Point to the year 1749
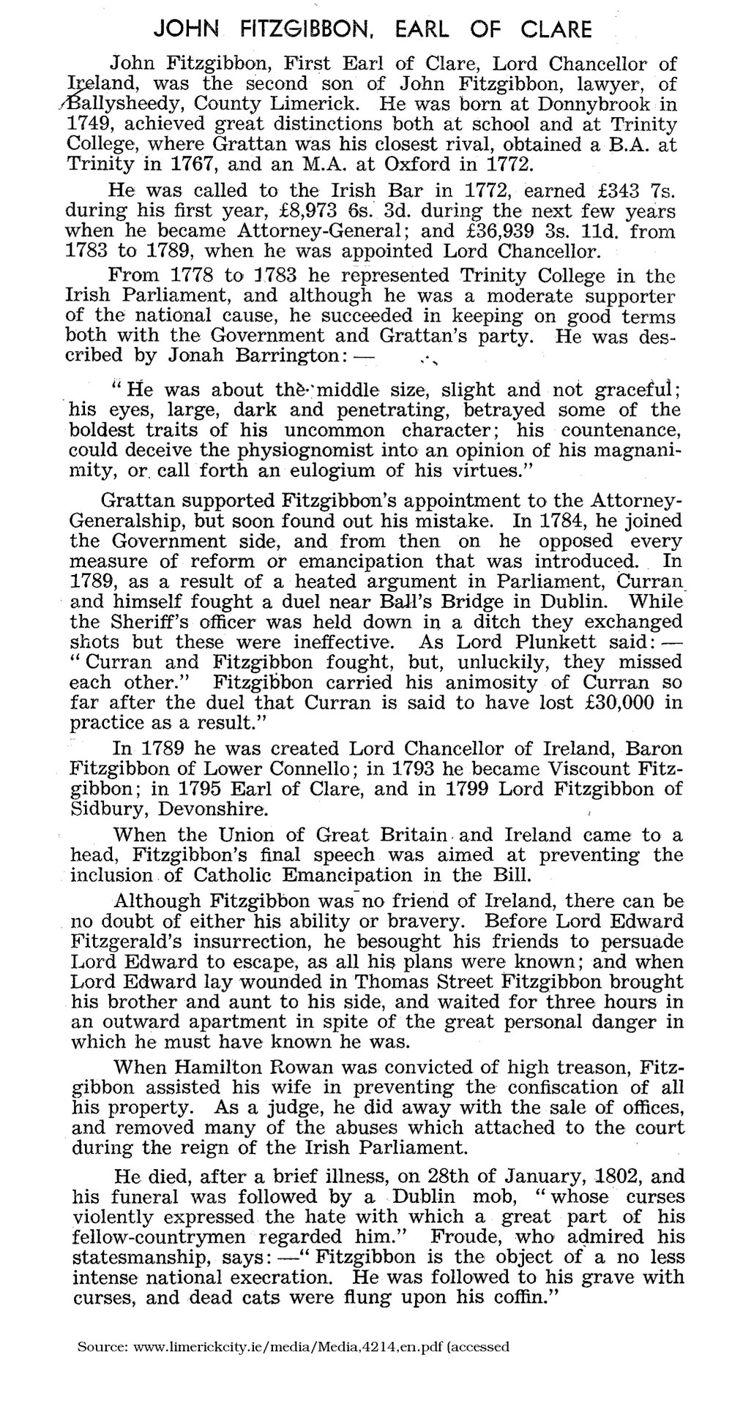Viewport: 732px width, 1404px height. pyautogui.click(x=88, y=124)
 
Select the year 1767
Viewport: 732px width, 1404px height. pyautogui.click(x=204, y=165)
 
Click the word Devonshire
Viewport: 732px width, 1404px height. pyautogui.click(x=208, y=810)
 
